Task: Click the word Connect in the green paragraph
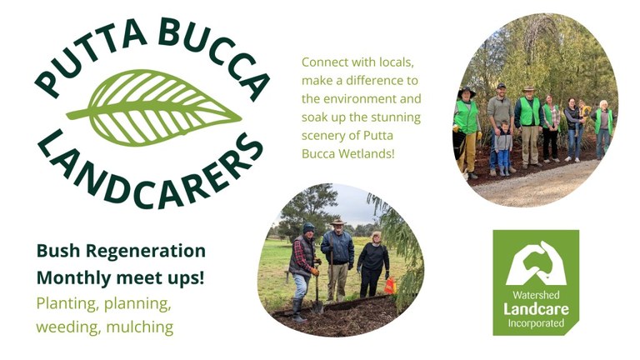pyautogui.click(x=326, y=62)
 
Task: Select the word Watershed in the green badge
pyautogui.click(x=536, y=295)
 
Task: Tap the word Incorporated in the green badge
pyautogui.click(x=536, y=322)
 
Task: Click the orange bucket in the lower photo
pyautogui.click(x=389, y=286)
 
